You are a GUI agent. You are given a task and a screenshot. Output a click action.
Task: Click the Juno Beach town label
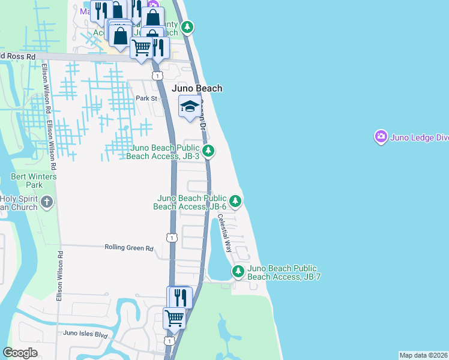click(197, 88)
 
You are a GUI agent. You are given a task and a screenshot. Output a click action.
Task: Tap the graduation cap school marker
click(190, 107)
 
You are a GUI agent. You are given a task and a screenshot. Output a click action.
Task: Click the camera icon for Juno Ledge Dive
click(381, 137)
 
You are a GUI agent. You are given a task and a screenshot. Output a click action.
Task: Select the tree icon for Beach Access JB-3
click(208, 151)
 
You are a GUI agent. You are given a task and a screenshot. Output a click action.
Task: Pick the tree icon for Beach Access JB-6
click(236, 200)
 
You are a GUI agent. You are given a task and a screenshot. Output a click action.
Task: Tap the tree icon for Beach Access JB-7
click(238, 272)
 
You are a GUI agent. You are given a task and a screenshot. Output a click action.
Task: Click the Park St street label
click(146, 98)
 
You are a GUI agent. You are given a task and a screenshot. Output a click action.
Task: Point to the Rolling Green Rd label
click(129, 247)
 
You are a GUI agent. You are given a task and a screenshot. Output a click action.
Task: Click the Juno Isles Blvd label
click(85, 332)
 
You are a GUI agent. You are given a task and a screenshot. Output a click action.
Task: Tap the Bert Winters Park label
click(34, 181)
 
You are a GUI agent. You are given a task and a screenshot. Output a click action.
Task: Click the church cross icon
click(47, 203)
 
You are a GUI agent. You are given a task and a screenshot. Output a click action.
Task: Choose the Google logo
click(20, 353)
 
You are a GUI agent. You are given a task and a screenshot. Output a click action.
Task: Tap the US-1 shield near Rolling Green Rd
click(172, 238)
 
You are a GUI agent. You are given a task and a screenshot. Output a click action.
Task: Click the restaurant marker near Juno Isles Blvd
click(179, 297)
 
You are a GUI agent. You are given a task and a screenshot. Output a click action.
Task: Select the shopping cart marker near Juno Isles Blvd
click(174, 318)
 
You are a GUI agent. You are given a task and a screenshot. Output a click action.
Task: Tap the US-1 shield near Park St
click(157, 76)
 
